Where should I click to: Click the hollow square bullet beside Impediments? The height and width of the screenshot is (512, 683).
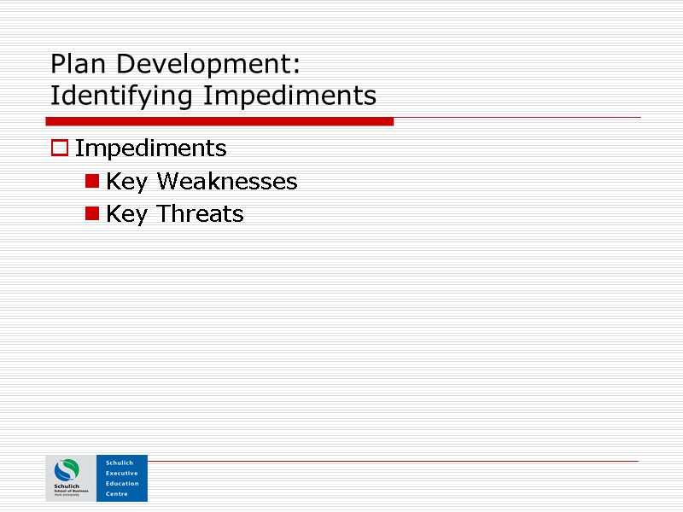(x=59, y=148)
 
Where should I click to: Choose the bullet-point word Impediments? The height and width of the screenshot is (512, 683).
(x=150, y=148)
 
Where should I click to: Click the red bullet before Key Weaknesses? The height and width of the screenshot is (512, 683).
(x=90, y=181)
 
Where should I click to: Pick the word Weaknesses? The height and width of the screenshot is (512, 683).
(x=226, y=181)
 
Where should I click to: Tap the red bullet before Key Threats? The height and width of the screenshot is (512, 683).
(x=90, y=213)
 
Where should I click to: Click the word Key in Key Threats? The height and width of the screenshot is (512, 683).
(x=126, y=213)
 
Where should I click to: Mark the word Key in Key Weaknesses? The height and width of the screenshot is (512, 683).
(x=126, y=181)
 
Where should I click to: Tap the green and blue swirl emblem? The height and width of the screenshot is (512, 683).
(x=67, y=470)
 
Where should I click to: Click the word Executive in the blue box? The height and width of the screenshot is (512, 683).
(x=121, y=473)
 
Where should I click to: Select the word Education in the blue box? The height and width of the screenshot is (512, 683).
(x=121, y=483)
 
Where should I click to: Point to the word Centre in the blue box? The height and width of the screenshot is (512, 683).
(x=116, y=494)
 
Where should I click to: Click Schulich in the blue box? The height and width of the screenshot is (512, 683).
(x=120, y=463)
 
